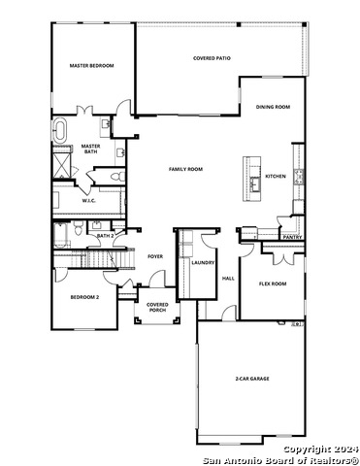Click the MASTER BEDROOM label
91,66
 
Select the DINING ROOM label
273,107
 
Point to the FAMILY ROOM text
185,169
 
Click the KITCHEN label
276,176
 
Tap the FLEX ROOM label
272,283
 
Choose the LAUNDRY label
203,262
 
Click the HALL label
229,279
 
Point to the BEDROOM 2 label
84,296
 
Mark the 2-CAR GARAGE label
251,379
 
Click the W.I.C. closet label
75,201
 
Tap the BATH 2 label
106,235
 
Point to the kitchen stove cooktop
300,177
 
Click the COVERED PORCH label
157,308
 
